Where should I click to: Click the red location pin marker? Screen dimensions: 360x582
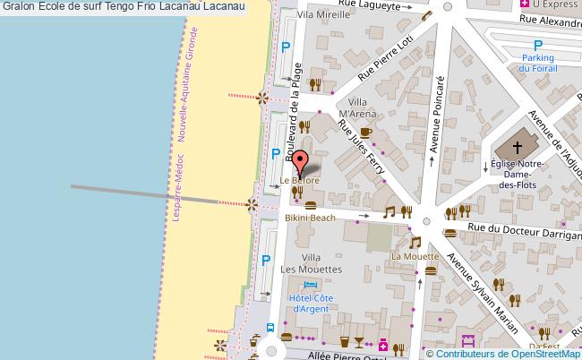(301, 161)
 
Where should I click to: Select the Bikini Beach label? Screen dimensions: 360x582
(310, 218)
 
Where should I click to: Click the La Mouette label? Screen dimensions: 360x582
(415, 256)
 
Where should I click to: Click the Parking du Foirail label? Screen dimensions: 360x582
(537, 61)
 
